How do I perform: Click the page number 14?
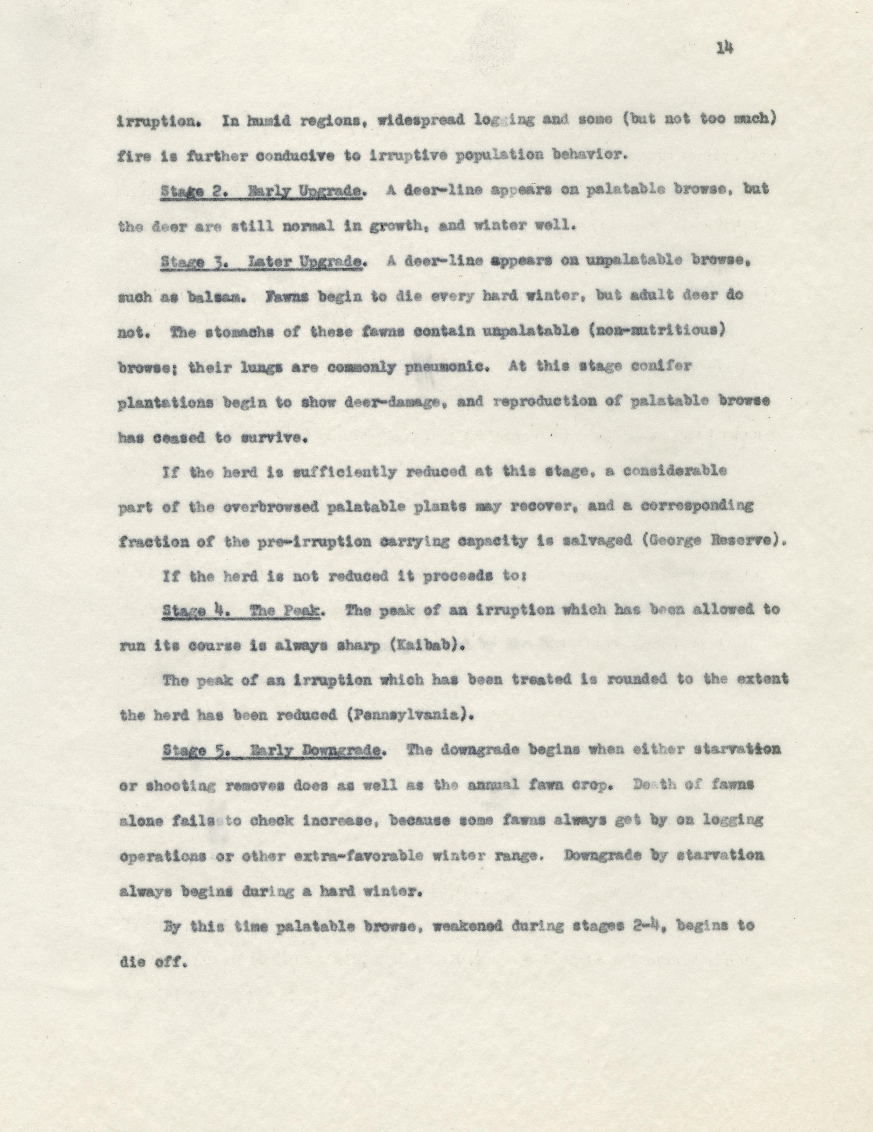[x=724, y=48]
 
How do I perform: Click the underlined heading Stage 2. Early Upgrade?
[x=261, y=190]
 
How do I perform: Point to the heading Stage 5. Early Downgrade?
[x=273, y=750]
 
